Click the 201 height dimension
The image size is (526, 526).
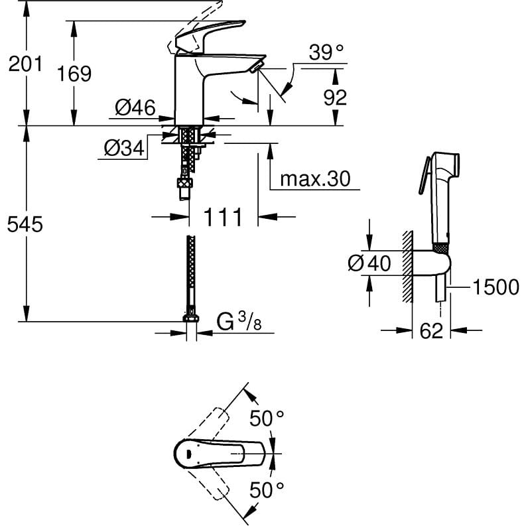(x=25, y=64)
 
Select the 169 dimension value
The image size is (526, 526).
(x=74, y=74)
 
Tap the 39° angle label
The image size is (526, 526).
(x=326, y=52)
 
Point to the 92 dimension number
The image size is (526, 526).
(x=335, y=98)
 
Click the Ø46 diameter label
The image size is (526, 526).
(x=135, y=107)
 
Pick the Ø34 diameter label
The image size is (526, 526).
(x=124, y=148)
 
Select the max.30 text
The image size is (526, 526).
(x=315, y=179)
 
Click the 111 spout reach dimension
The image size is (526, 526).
(x=222, y=217)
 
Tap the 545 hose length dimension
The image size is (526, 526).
(x=25, y=224)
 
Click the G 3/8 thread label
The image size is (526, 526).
(x=239, y=322)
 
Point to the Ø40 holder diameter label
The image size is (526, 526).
(x=369, y=263)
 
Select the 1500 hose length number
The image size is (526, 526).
(x=495, y=287)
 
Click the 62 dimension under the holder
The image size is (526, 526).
(x=431, y=331)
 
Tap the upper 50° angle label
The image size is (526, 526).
(x=267, y=419)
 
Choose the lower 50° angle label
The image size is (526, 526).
(x=267, y=490)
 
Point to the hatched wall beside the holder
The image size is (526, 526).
(x=407, y=267)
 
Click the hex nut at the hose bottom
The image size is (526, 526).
(x=191, y=318)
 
